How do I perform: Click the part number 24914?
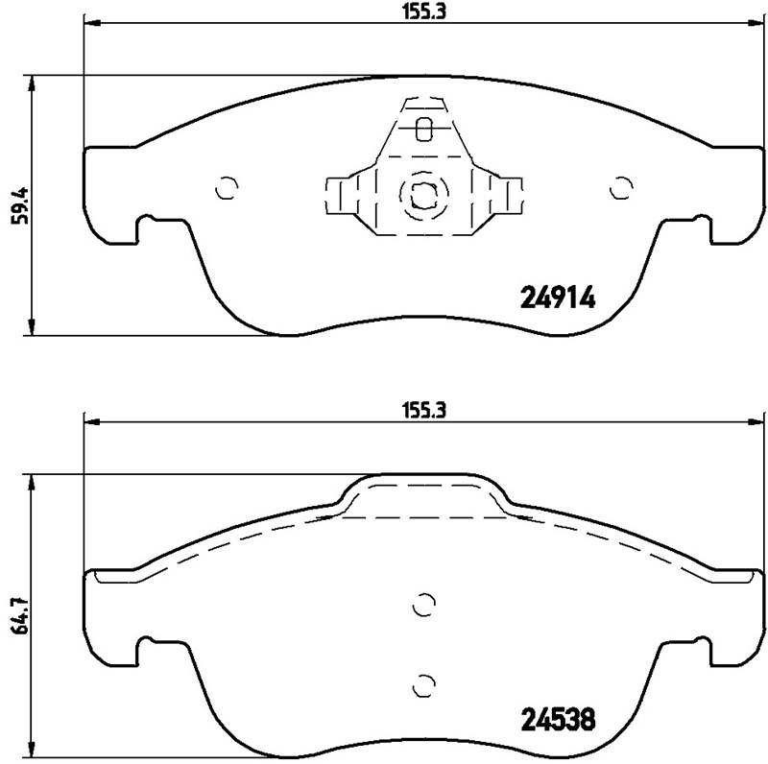pos(558,298)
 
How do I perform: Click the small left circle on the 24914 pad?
pos(227,188)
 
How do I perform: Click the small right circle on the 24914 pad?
pos(622,188)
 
